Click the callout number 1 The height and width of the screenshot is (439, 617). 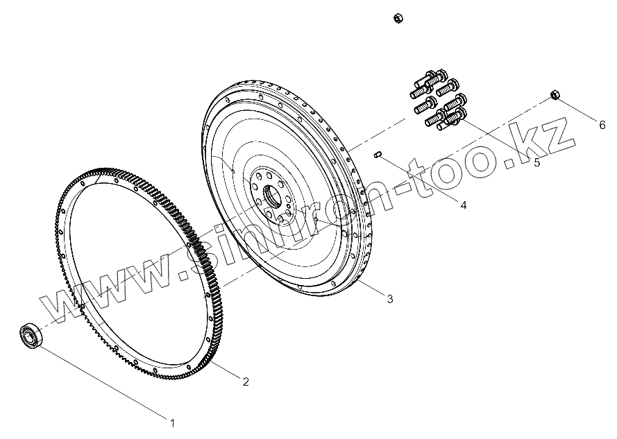tap(172, 423)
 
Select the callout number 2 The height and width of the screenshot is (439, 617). tap(246, 381)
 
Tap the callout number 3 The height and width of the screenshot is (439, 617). tap(389, 299)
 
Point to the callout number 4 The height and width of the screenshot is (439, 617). tap(463, 205)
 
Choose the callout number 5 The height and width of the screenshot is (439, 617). tap(537, 162)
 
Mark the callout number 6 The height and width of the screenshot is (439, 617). tap(602, 125)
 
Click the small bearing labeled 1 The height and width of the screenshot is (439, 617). tap(30, 336)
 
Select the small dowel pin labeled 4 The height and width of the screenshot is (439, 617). tap(378, 155)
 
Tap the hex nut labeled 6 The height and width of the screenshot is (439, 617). tap(555, 95)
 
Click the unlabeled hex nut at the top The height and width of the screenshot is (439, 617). tap(398, 18)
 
